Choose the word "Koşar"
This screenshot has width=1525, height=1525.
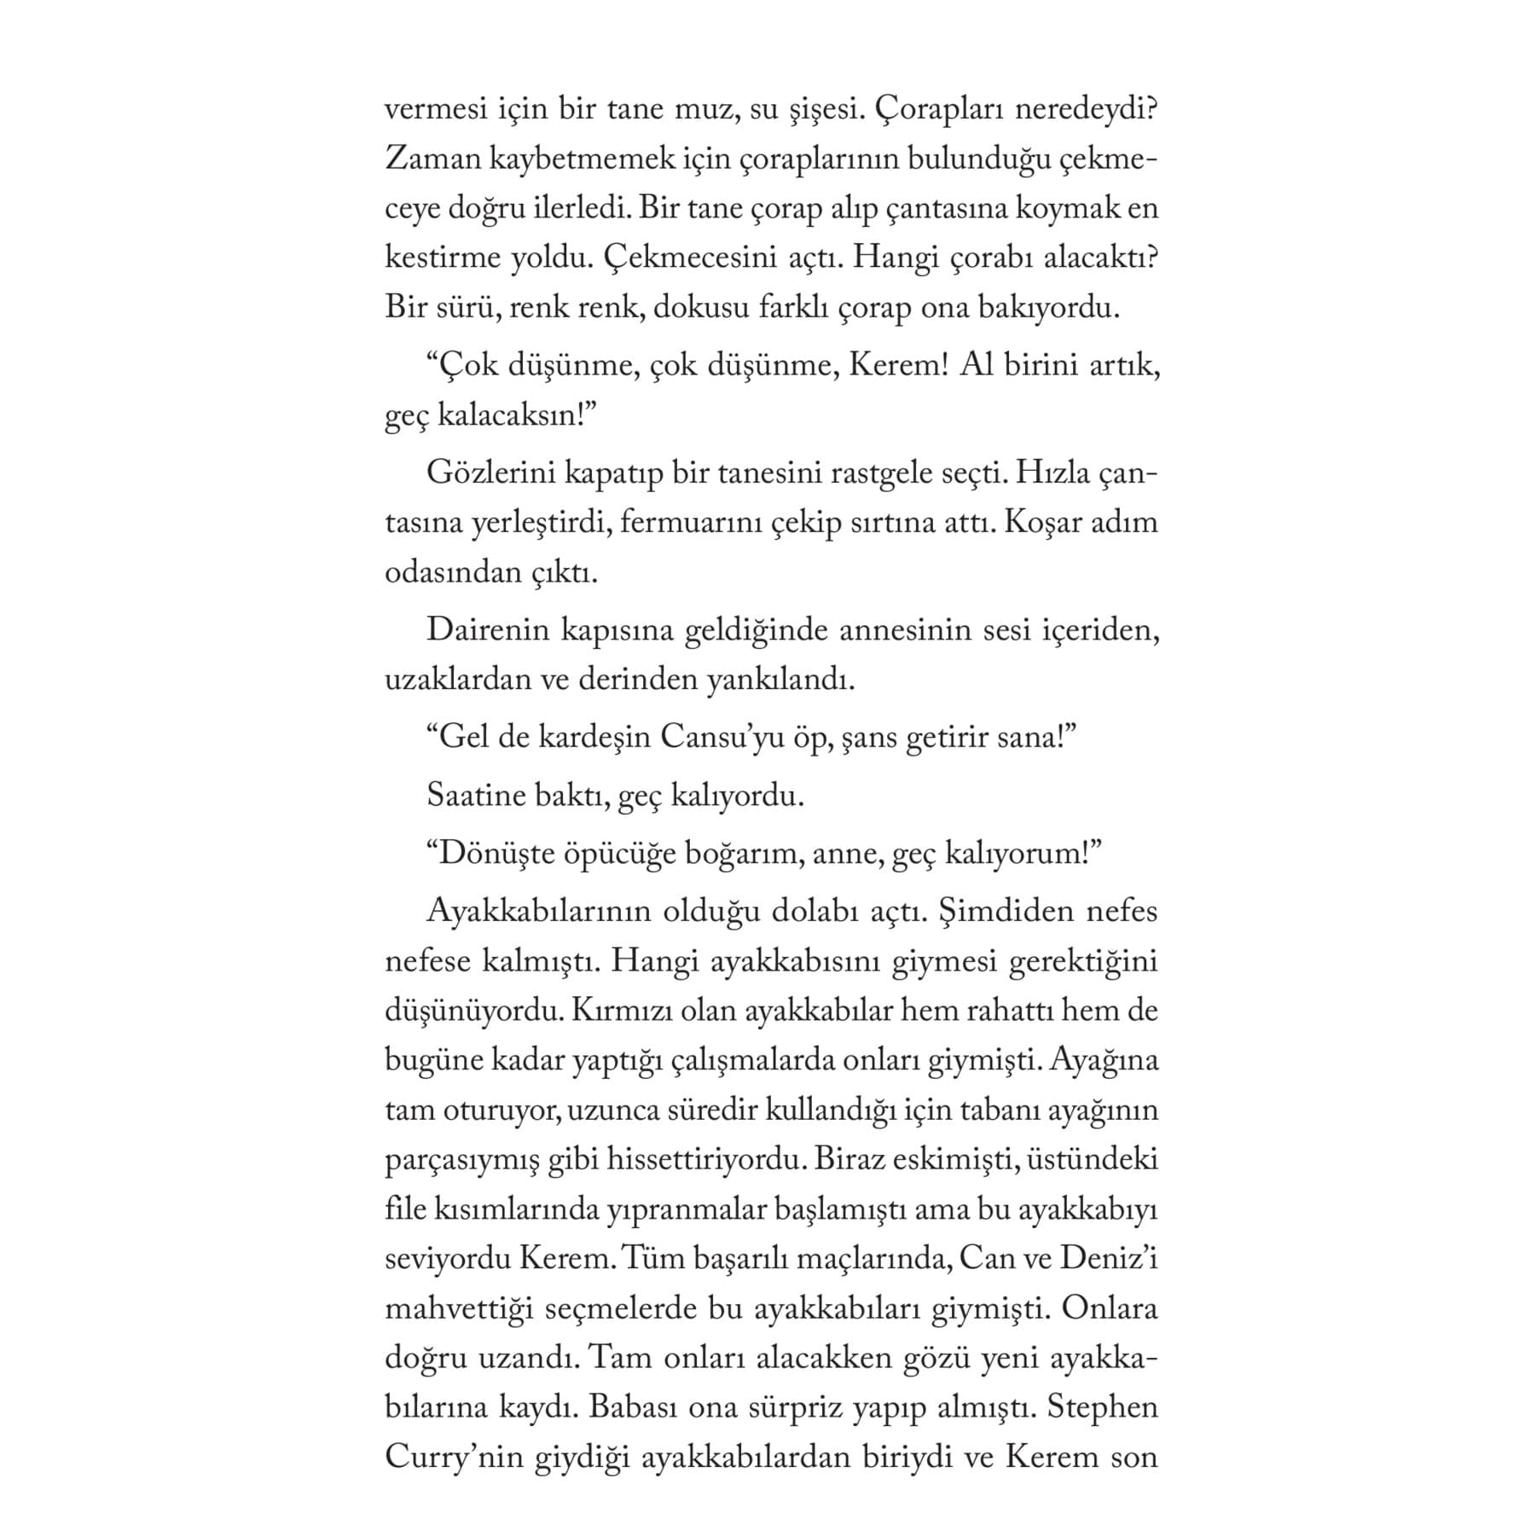1042,523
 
